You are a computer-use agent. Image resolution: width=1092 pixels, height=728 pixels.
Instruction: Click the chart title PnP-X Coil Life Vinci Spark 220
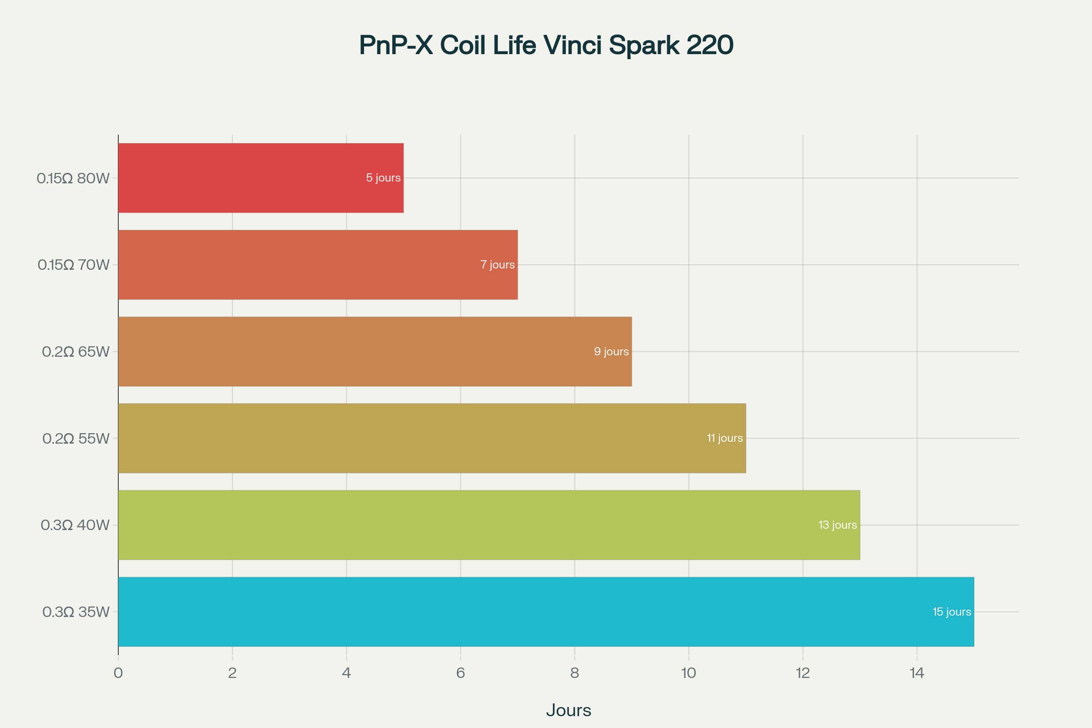546,45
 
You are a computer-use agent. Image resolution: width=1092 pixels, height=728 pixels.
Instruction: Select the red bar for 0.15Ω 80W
260,178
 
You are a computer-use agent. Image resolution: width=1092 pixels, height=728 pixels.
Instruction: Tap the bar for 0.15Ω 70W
318,265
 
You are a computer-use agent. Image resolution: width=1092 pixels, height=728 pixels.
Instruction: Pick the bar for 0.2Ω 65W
374,351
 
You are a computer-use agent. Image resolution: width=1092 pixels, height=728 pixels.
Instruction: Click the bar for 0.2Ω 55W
432,438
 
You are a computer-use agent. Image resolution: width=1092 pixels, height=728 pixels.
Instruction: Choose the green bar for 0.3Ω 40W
489,525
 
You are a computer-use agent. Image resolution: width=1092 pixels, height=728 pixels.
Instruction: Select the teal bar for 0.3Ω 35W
546,612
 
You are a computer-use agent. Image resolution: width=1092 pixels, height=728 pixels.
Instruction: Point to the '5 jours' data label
383,178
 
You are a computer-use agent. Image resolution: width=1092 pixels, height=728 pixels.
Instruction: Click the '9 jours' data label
611,351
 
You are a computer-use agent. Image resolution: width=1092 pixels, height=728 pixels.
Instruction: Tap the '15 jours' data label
952,612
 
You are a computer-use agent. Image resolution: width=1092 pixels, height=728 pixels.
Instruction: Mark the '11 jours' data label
724,438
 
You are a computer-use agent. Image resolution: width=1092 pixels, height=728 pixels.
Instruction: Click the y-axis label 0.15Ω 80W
73,178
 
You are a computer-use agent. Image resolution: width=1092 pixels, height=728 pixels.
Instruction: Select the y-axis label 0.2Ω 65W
76,352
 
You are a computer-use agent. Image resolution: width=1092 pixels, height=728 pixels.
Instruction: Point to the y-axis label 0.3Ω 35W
76,612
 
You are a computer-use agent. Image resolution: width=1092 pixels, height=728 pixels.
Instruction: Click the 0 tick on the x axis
118,673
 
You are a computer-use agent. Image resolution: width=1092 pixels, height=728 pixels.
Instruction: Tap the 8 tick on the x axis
574,673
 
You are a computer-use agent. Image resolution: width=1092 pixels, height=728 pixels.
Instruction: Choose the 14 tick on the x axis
916,673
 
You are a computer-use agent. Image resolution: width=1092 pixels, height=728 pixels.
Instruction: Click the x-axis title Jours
568,710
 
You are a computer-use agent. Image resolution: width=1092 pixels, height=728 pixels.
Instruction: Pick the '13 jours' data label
838,525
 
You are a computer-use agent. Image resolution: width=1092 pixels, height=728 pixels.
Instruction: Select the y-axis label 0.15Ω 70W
73,265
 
